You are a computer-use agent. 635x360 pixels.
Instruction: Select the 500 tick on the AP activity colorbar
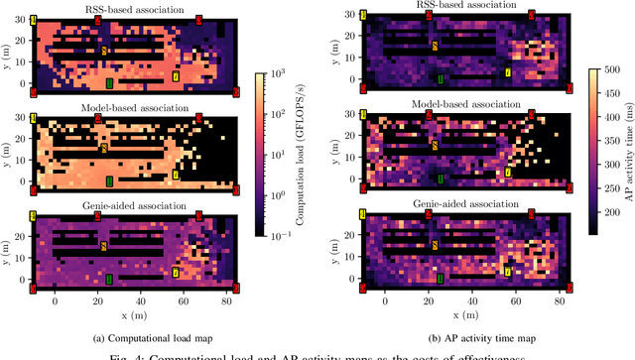pyautogui.click(x=605, y=72)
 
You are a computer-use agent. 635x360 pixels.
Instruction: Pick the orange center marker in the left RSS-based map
pyautogui.click(x=104, y=49)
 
